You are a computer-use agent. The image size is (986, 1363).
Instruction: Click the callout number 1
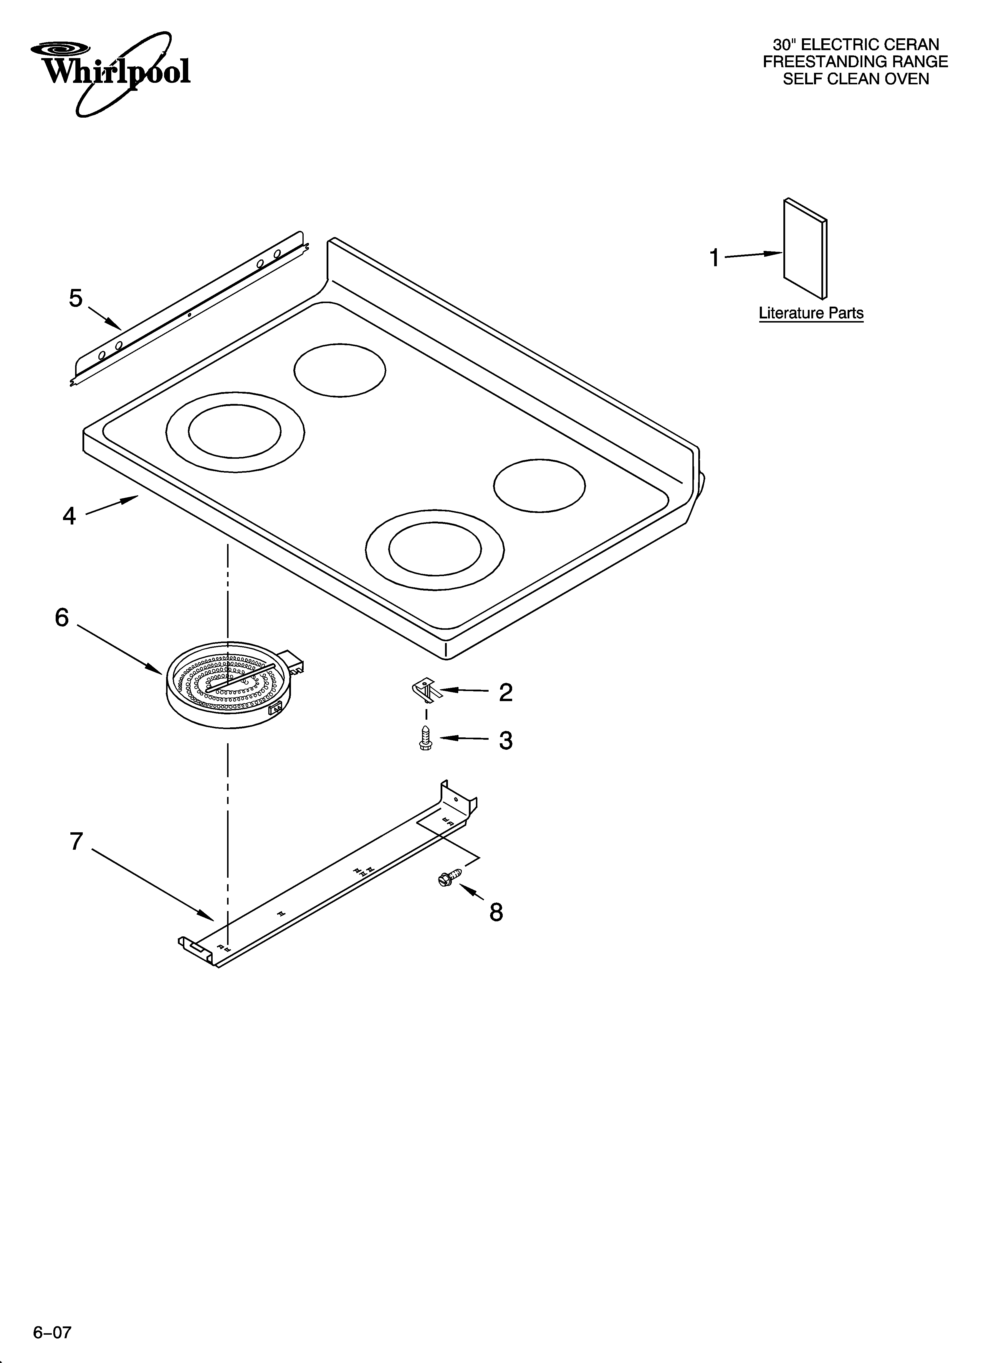(x=714, y=258)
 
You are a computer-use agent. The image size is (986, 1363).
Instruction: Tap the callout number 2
(x=506, y=693)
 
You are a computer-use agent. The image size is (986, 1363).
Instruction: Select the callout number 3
(x=506, y=740)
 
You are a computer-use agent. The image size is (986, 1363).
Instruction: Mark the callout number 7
(x=76, y=841)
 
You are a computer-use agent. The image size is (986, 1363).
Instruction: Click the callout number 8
(x=496, y=912)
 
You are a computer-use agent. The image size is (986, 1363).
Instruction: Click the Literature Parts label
(x=811, y=313)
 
